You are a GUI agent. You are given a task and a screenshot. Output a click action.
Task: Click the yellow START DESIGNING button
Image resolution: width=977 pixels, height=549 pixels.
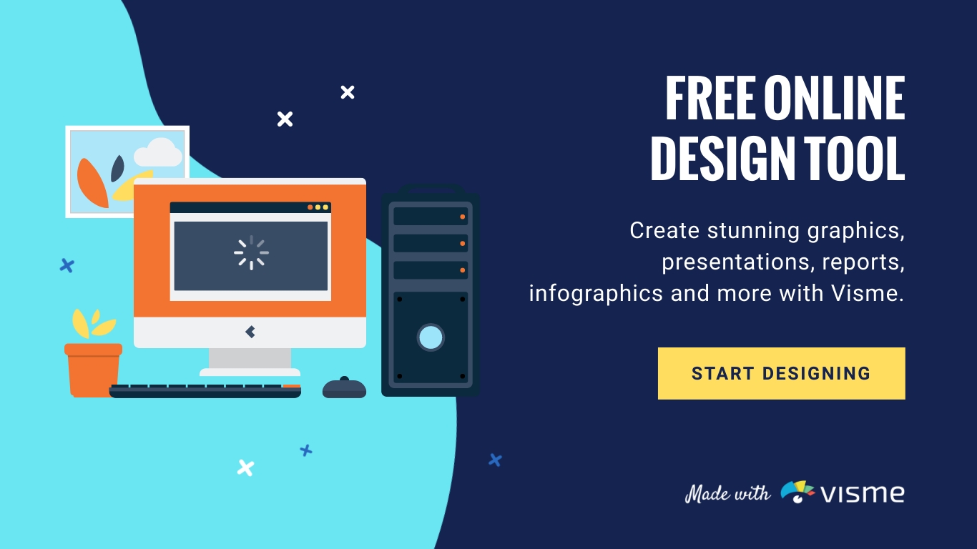tap(781, 373)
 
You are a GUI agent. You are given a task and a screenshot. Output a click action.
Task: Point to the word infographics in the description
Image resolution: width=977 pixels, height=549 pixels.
tap(595, 294)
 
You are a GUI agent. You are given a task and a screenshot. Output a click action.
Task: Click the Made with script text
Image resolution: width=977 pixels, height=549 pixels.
tap(727, 493)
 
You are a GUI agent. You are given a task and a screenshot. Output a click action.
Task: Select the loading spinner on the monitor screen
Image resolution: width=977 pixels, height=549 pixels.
tap(251, 252)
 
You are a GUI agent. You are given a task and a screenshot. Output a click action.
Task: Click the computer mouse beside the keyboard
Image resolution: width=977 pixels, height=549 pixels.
tap(344, 388)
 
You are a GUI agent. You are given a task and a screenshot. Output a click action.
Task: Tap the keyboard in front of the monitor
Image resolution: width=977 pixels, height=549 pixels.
tap(205, 390)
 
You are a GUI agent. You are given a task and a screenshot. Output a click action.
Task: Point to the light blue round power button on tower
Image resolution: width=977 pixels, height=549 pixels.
tap(431, 337)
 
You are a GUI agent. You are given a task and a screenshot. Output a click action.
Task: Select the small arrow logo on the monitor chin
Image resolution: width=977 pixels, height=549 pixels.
tap(250, 332)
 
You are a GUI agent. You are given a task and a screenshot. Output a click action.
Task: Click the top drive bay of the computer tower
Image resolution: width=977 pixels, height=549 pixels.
tap(430, 216)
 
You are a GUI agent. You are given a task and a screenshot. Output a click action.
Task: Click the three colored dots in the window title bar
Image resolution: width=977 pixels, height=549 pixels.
tap(318, 207)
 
